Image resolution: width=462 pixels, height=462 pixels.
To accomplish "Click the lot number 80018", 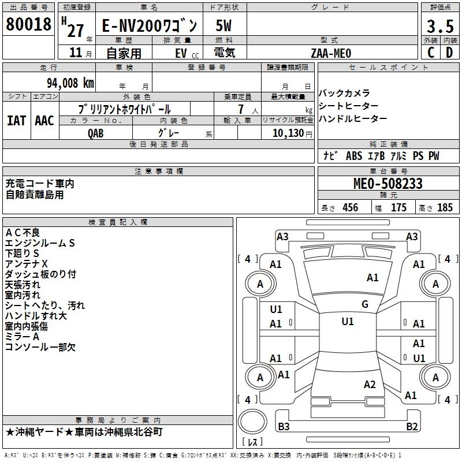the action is pos(28,24).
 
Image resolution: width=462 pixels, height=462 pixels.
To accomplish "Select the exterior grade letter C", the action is pos(430,53).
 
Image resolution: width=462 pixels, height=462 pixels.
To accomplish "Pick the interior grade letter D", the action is pos(449,53).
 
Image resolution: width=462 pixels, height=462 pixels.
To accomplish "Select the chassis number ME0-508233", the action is pos(388,184).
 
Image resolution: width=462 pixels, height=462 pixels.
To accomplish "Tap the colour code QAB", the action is pos(96,132).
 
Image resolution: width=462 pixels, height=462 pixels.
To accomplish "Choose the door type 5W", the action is pos(225,25).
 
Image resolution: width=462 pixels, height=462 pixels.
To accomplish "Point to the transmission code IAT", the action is pos(16,121).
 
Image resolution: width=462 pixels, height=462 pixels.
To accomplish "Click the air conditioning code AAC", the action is pos(44,121).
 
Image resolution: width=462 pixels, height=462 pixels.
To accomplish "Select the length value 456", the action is pos(350,208).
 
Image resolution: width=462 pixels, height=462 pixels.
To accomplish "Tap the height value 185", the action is pos(445,208).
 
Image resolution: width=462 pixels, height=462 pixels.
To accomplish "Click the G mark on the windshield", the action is pos(364,304).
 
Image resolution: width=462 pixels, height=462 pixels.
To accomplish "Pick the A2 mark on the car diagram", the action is pos(370,385).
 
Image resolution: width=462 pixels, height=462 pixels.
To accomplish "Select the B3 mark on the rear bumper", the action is pos(284,427).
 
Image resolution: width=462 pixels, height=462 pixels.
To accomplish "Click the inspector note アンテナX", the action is pos(27,263).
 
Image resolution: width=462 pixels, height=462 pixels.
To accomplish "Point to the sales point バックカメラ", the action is pos(344,93).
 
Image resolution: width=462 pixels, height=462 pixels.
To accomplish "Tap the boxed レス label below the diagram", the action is pos(253,442).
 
